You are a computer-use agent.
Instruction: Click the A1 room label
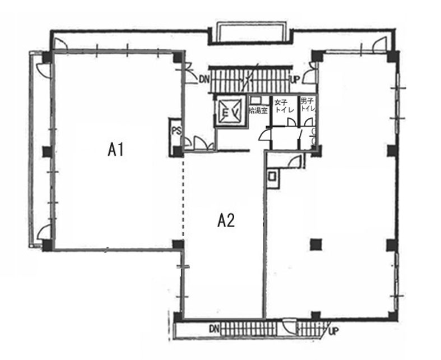tap(115, 150)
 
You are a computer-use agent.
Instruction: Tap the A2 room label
tap(226, 220)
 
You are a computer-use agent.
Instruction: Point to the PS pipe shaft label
tap(177, 131)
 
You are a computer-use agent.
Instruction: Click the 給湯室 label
tap(258, 110)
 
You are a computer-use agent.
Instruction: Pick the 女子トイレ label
tap(284, 105)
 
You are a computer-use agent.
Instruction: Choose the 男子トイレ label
tap(308, 104)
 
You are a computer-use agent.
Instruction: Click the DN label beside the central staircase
tap(205, 80)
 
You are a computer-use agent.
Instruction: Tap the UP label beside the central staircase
tap(295, 80)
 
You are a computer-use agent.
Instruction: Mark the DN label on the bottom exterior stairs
tap(214, 329)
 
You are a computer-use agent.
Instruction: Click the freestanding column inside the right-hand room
tap(316, 244)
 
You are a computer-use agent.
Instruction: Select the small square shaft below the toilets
tap(272, 177)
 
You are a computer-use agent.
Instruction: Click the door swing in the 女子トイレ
tap(291, 122)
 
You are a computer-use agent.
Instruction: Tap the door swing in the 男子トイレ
tap(309, 122)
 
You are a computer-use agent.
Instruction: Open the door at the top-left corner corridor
tap(61, 44)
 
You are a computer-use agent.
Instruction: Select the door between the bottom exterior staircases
tap(290, 326)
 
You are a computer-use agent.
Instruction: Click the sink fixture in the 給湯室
tap(256, 100)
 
